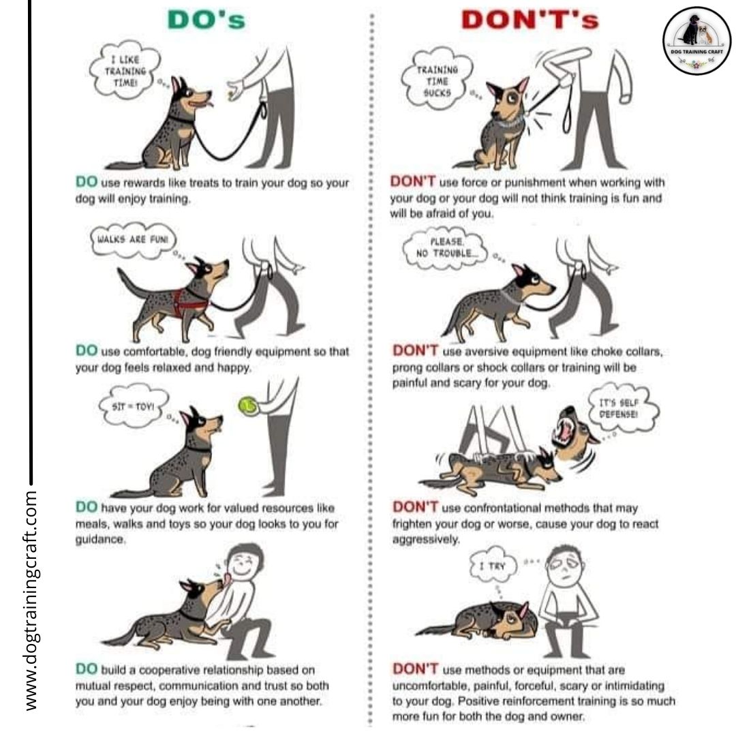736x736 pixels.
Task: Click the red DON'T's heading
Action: pyautogui.click(x=530, y=20)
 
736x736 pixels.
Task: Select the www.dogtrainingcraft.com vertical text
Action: pyautogui.click(x=31, y=598)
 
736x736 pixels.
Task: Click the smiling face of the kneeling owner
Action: pyautogui.click(x=243, y=566)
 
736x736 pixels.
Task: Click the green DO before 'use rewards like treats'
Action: pyautogui.click(x=87, y=183)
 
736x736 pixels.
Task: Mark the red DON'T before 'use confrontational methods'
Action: pyautogui.click(x=414, y=508)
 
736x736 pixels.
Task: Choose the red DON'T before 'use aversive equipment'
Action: pyautogui.click(x=414, y=351)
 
